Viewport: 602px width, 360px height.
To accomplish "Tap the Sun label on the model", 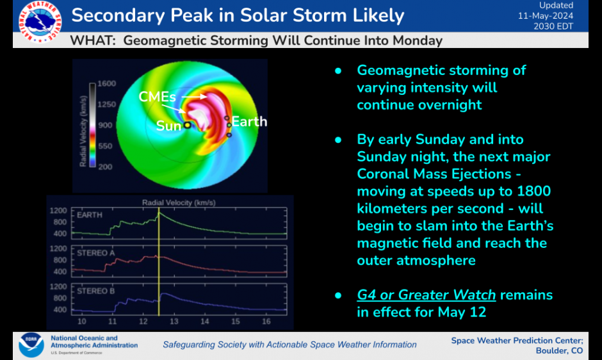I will [168, 126].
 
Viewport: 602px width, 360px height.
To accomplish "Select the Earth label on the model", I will [249, 122].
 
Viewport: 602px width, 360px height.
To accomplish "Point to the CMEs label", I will [158, 97].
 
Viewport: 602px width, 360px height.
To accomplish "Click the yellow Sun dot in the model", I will [187, 126].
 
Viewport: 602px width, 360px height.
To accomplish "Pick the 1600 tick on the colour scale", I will [106, 84].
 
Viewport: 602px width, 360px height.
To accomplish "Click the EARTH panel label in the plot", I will [90, 215].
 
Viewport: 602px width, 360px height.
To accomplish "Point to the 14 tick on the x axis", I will [204, 320].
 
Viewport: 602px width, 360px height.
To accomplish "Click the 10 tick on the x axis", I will [82, 320].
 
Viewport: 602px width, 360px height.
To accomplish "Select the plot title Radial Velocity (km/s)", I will [179, 202].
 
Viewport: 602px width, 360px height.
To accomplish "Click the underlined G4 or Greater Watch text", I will [427, 295].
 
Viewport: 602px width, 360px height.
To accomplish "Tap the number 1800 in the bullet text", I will [535, 192].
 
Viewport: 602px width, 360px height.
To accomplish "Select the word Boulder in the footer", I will [551, 350].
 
